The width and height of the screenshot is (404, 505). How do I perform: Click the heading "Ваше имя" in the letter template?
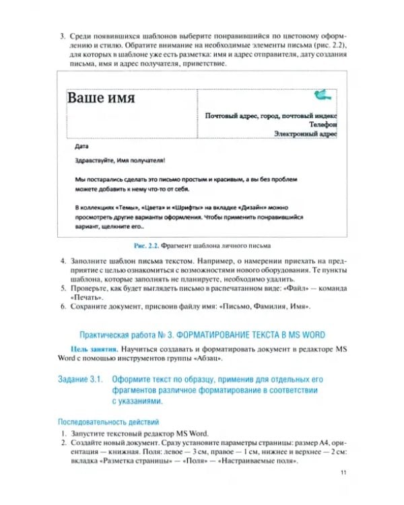point(101,98)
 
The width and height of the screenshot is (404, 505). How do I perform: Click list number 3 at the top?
point(63,35)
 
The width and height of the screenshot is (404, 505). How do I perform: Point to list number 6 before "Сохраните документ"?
point(63,306)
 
